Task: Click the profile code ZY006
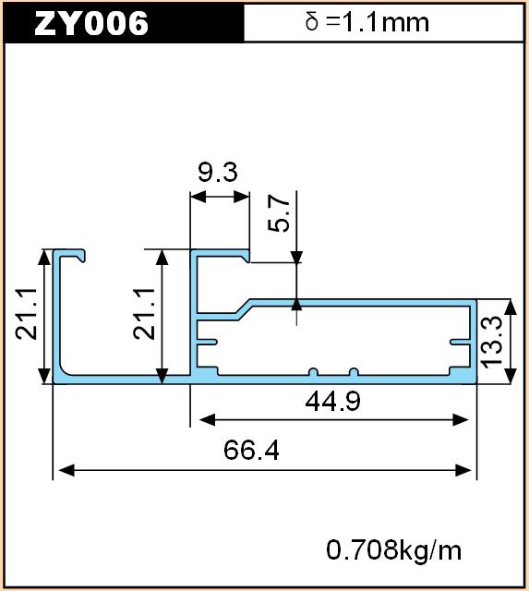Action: (91, 23)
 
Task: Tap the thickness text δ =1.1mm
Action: (367, 22)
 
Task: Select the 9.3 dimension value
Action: (218, 173)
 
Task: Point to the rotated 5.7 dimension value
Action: (279, 213)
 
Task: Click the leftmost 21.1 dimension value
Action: (27, 314)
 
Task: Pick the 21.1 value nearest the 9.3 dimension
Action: (144, 314)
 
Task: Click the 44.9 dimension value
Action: (332, 401)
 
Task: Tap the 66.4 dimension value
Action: (251, 450)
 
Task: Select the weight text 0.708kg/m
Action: (393, 550)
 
